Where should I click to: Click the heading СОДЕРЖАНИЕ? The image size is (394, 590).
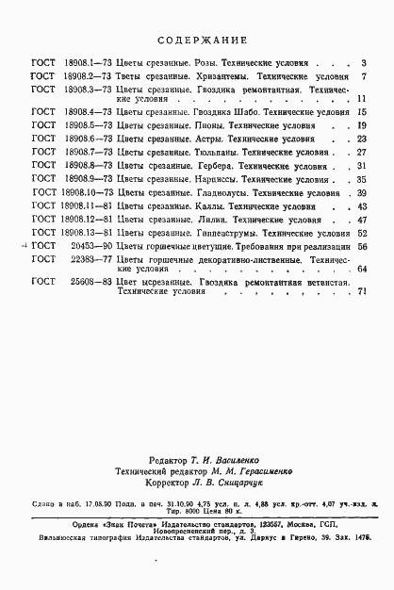(x=201, y=41)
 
